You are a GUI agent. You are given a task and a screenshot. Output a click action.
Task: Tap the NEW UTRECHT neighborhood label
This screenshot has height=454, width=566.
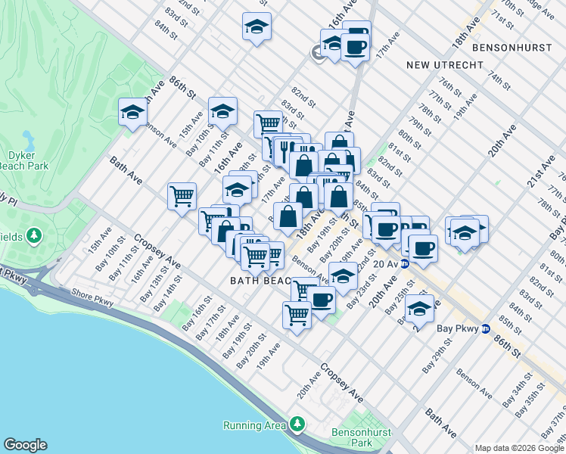[x=444, y=65]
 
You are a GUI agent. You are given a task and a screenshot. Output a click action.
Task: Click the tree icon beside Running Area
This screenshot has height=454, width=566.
[x=298, y=423]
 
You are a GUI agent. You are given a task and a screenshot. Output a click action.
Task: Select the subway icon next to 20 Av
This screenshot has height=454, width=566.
[x=405, y=264]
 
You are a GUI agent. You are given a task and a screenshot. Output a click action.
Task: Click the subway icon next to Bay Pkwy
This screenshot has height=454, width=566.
[x=485, y=329]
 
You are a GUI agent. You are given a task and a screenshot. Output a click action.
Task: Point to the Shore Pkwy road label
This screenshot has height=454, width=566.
[x=92, y=292]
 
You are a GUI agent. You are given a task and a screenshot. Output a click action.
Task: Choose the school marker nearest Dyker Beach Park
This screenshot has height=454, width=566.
[x=132, y=113]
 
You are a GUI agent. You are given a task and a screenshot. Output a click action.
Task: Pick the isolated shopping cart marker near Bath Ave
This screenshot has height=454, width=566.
[x=182, y=196]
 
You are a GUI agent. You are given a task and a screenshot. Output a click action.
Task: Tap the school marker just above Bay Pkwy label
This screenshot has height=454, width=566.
[x=418, y=309]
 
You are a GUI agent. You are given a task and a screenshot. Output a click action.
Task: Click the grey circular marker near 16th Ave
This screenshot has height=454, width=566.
[x=316, y=51]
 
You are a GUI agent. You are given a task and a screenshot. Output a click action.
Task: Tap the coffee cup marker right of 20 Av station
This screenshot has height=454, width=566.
[x=422, y=247]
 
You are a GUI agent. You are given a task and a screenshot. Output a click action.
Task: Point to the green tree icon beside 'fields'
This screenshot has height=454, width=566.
[x=33, y=237]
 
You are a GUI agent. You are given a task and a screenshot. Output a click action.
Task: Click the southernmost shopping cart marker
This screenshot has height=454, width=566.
[x=297, y=314]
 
